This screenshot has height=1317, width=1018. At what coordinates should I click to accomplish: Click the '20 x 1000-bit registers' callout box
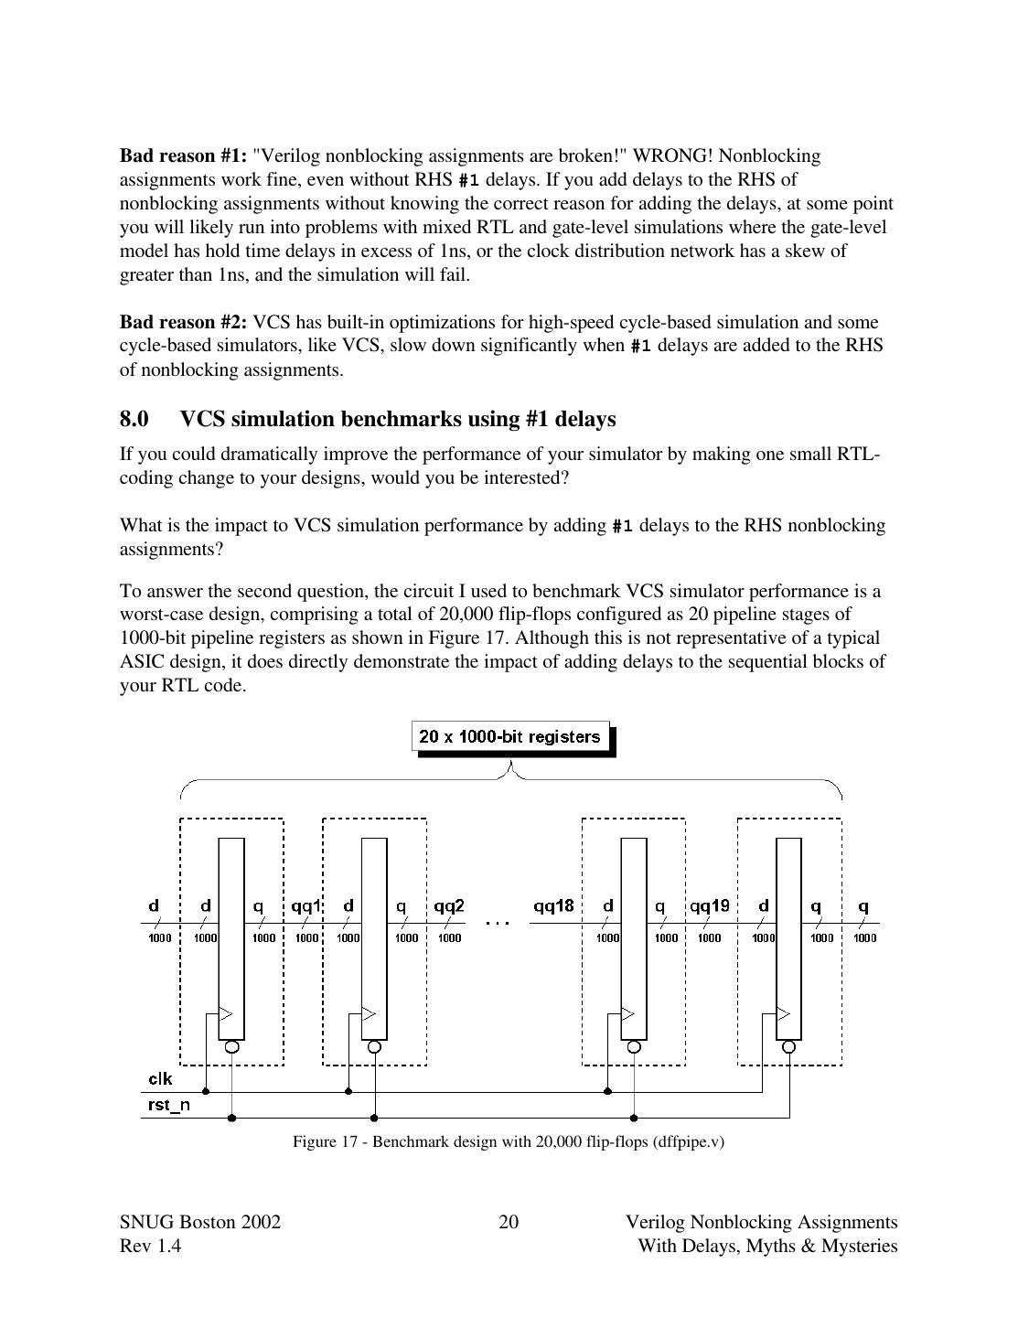[x=510, y=736]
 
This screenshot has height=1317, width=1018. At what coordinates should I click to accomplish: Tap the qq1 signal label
[x=305, y=906]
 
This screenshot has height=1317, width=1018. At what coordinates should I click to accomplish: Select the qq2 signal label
[x=449, y=906]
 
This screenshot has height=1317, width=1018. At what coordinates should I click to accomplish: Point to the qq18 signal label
[x=553, y=906]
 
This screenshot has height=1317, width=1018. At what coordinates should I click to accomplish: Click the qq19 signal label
[x=710, y=906]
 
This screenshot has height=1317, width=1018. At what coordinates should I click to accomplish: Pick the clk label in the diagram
[x=160, y=1079]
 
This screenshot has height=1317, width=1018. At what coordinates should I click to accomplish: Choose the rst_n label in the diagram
[x=169, y=1105]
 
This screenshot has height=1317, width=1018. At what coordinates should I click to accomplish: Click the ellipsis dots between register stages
[x=498, y=923]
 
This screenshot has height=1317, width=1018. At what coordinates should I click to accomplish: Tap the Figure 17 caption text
[x=509, y=1141]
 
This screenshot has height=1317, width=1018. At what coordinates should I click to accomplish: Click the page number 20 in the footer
[x=509, y=1223]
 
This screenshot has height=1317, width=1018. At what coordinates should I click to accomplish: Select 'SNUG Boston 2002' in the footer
[x=200, y=1223]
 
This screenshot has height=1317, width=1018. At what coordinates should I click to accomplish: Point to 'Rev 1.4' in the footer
[x=150, y=1247]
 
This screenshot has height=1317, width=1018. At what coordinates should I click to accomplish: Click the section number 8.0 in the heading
[x=134, y=419]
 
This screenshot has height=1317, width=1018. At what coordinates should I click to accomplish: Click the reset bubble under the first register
[x=231, y=1046]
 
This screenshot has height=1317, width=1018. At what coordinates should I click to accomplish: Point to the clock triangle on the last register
[x=783, y=1013]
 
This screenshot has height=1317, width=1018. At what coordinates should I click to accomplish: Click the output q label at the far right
[x=863, y=906]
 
